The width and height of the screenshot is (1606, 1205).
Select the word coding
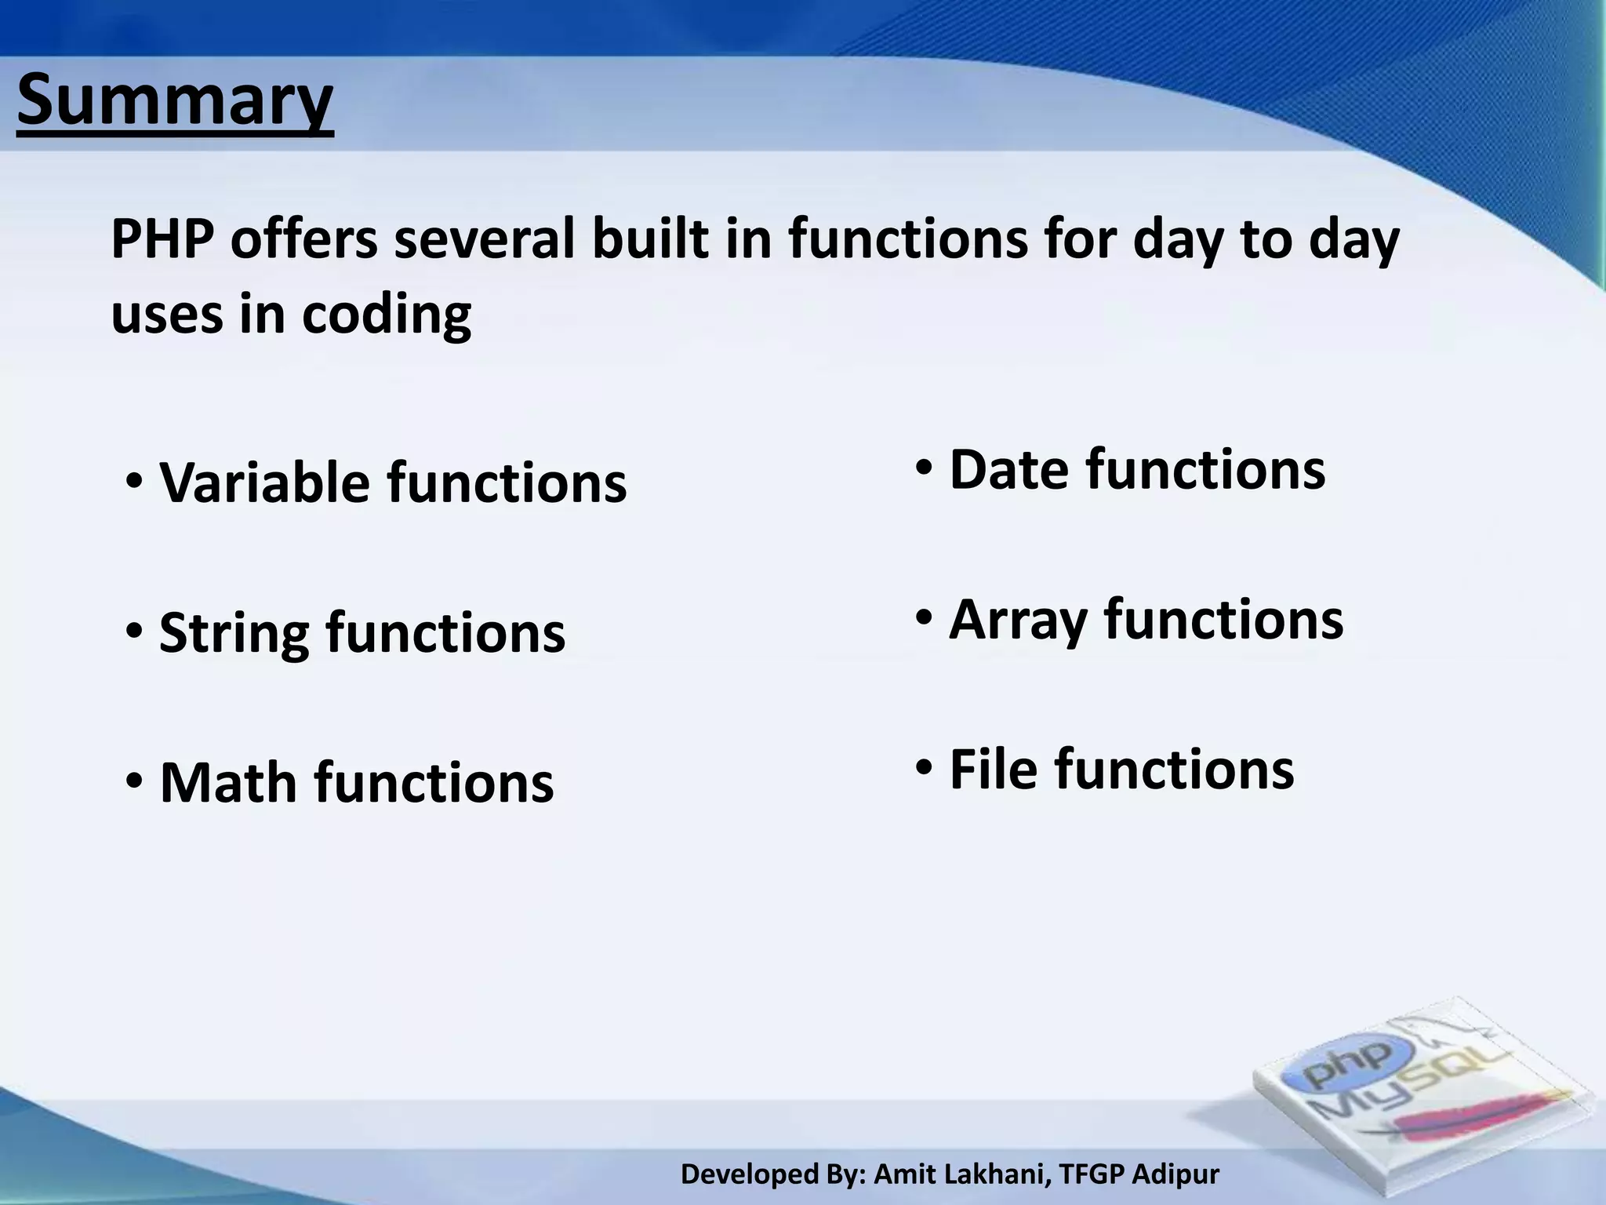pyautogui.click(x=386, y=315)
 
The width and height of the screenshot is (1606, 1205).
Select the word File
pyautogui.click(x=994, y=769)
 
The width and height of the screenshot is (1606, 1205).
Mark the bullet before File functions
pyautogui.click(x=925, y=766)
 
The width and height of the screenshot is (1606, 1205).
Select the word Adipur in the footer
pyautogui.click(x=1176, y=1174)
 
